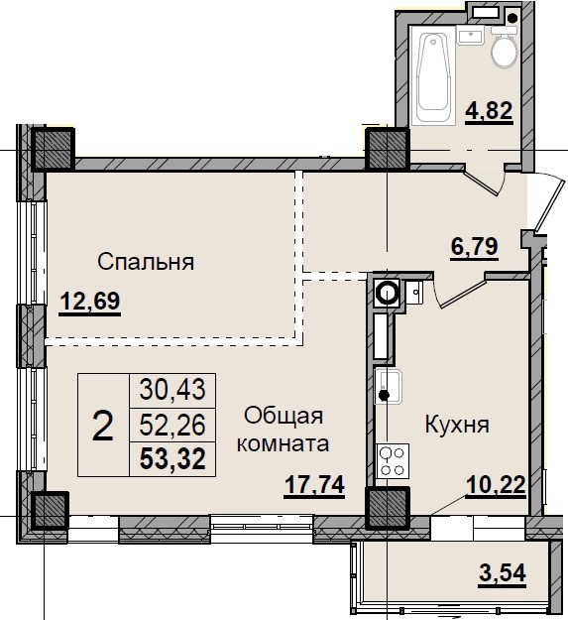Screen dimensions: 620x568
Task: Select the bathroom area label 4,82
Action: click(489, 110)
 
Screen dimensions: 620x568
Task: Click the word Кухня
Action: click(457, 426)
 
